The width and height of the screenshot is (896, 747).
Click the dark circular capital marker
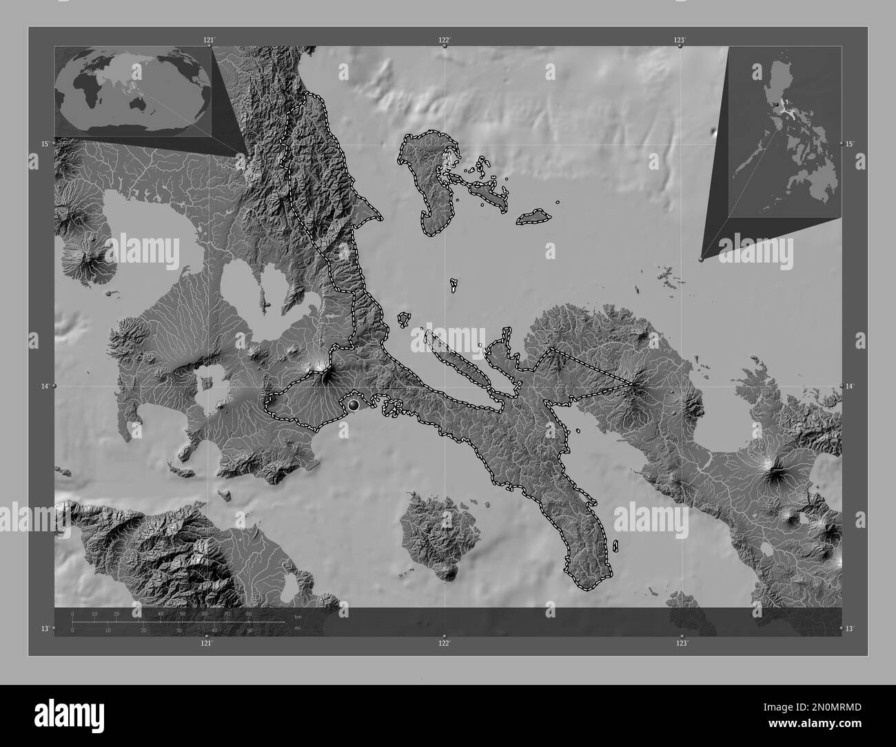pyautogui.click(x=354, y=405)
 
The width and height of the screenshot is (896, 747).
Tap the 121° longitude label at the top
pyautogui.click(x=209, y=40)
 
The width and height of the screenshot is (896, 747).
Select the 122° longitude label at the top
pyautogui.click(x=445, y=40)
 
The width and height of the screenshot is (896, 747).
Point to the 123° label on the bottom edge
pyautogui.click(x=682, y=643)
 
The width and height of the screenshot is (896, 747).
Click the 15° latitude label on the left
pyautogui.click(x=44, y=143)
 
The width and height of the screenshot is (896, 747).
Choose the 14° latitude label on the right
pyautogui.click(x=850, y=387)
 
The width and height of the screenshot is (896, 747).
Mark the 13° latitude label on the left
pyautogui.click(x=44, y=628)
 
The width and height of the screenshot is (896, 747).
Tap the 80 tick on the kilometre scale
pyautogui.click(x=248, y=613)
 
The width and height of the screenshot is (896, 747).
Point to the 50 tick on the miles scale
pyautogui.click(x=249, y=630)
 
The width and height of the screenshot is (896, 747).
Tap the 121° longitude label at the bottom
pyautogui.click(x=207, y=643)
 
